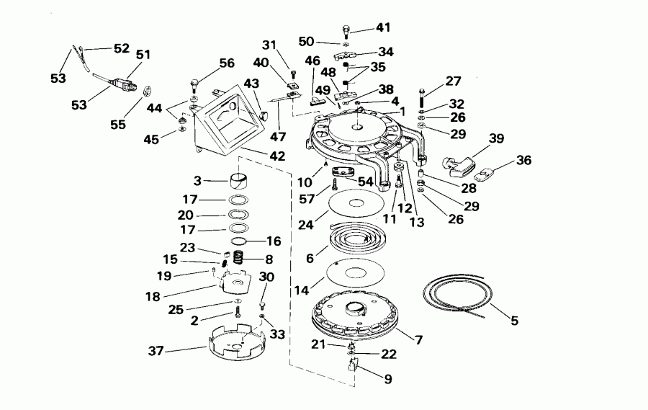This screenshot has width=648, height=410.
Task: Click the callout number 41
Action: tap(382, 28)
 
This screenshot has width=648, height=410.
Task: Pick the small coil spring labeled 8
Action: tap(238, 256)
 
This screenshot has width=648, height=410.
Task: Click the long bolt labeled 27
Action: tap(422, 97)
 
